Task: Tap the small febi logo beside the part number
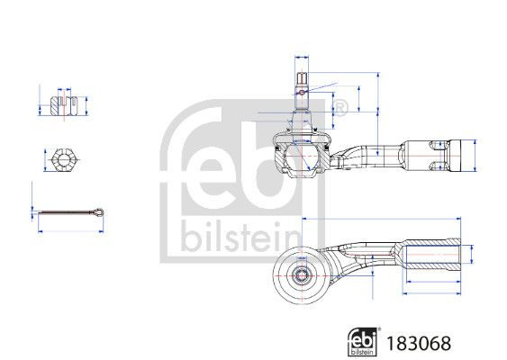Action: click(365, 341)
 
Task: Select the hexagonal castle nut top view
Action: click(62, 161)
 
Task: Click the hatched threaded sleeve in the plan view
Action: click(432, 256)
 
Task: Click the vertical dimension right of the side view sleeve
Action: click(475, 154)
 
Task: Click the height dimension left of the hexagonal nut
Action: click(42, 161)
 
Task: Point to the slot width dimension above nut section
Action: click(62, 90)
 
